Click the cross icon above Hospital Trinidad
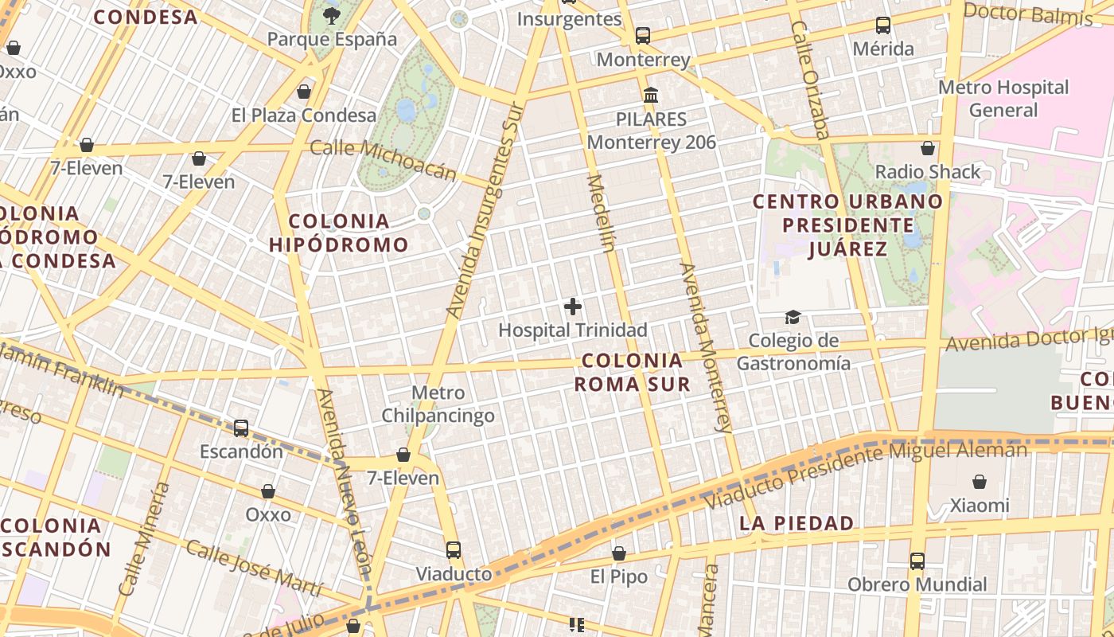[x=572, y=307]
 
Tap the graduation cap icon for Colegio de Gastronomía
[x=793, y=318]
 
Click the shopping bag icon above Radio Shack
[x=927, y=148]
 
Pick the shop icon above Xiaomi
[x=979, y=482]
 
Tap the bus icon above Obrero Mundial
[x=917, y=561]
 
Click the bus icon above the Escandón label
[x=240, y=428]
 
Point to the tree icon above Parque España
[x=331, y=15]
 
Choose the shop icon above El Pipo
[x=618, y=553]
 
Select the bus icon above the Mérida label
[x=882, y=25]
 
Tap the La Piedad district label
[x=797, y=523]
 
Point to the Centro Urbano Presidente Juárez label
[x=847, y=225]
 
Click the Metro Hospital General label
[x=1003, y=98]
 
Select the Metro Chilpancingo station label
[x=438, y=404]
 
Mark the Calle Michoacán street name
[x=383, y=159]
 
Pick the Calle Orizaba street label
[x=810, y=79]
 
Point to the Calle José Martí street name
[x=255, y=568]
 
